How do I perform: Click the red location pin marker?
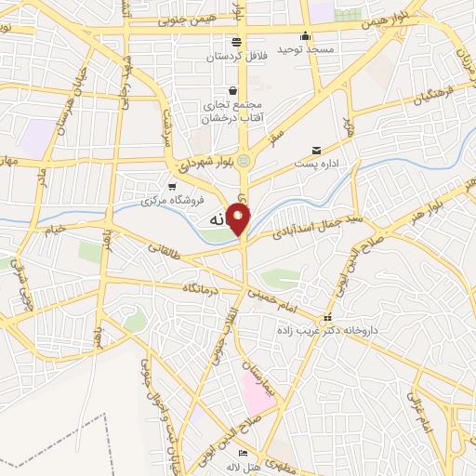[x=239, y=218]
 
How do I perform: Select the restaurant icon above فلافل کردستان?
[x=236, y=42]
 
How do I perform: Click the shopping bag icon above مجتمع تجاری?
[x=231, y=90]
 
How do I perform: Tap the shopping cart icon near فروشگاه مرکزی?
[x=170, y=187]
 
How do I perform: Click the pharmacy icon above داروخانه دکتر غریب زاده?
[x=326, y=317]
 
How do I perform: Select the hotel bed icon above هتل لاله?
[x=244, y=453]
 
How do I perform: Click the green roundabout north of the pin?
[x=244, y=160]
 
